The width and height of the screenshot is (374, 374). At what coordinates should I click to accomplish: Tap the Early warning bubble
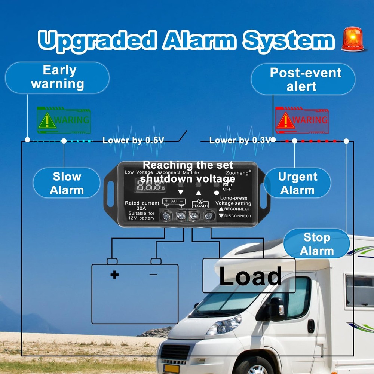click(x=58, y=77)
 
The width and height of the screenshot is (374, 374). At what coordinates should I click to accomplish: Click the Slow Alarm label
click(x=67, y=183)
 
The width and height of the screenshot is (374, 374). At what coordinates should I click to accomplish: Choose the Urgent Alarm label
click(x=298, y=183)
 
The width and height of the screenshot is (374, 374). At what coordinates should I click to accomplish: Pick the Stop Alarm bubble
click(x=316, y=244)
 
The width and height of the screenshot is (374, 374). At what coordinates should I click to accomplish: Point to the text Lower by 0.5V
click(x=133, y=141)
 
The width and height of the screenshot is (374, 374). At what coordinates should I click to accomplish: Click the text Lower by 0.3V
click(x=240, y=141)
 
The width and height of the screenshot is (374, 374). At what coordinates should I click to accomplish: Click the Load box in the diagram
click(x=249, y=276)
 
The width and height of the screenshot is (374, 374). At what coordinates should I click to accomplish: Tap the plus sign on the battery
click(x=114, y=275)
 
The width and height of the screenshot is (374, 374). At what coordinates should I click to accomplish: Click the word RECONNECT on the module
click(x=237, y=209)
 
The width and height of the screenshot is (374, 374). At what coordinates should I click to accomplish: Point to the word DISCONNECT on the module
click(x=237, y=216)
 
